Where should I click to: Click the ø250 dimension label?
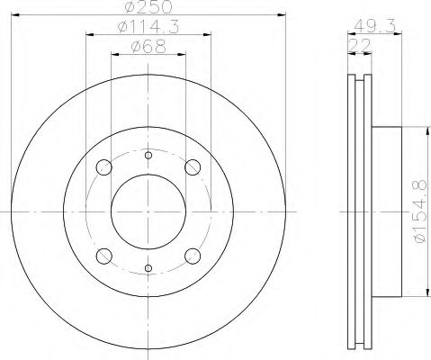pos(148,6)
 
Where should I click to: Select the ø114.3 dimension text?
pos(148,27)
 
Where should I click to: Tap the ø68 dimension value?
pos(148,47)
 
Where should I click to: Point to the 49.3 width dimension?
pos(374,26)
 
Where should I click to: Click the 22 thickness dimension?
pos(359,45)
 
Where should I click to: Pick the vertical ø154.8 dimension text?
pos(419,211)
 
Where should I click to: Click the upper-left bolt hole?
pos(104,167)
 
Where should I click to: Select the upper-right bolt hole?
pos(193,167)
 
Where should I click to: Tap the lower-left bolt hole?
pos(104,256)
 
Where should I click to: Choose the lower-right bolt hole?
pos(193,256)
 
